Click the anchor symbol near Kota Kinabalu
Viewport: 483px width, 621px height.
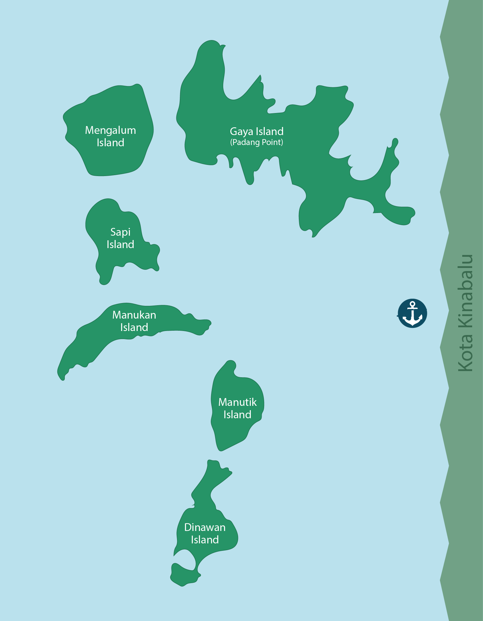[x=412, y=313]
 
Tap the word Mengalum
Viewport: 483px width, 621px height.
[x=110, y=130]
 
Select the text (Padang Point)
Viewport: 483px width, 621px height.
[x=256, y=142]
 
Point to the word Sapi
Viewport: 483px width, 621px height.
[x=120, y=232]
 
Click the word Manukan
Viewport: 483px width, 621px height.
[x=134, y=315]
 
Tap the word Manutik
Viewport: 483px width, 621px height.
[x=237, y=402]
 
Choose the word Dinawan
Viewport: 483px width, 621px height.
[x=205, y=527]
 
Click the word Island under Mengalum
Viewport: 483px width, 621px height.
[x=110, y=143]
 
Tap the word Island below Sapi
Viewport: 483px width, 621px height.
[x=120, y=244]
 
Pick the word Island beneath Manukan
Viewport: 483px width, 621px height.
[x=134, y=327]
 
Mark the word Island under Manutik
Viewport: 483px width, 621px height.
[x=237, y=415]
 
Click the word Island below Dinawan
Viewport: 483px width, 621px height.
[x=205, y=540]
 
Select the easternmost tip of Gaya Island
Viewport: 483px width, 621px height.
[x=412, y=213]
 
